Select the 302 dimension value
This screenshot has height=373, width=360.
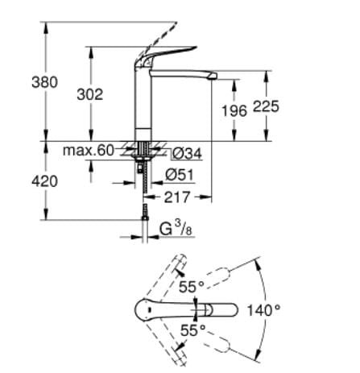pos(89,94)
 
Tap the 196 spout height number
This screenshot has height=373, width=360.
pos(234,110)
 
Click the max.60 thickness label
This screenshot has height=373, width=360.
pos(89,151)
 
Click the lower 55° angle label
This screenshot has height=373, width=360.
pos(192,330)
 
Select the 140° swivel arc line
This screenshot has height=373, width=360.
pos(269,309)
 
